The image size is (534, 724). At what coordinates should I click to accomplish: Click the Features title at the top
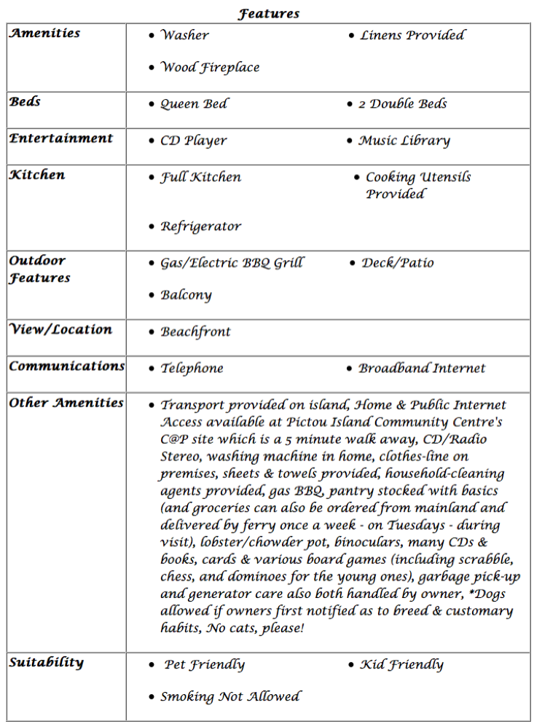(x=268, y=14)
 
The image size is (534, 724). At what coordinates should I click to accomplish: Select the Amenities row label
(x=44, y=34)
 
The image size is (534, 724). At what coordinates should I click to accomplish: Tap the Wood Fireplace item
(x=210, y=68)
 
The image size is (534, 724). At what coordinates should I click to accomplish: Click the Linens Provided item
(x=412, y=35)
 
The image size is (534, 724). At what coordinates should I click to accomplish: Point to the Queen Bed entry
(x=194, y=104)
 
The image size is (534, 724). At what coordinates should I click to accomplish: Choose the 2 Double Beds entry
(x=402, y=104)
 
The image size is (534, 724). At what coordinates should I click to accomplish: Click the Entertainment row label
(x=61, y=138)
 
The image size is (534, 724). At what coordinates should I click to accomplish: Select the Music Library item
(x=404, y=141)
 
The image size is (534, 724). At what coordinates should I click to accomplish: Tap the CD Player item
(x=194, y=141)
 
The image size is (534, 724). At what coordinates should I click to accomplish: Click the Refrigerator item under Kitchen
(x=201, y=227)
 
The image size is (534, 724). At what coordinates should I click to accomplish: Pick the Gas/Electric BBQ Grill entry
(x=232, y=263)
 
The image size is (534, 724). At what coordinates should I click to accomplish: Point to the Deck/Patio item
(x=398, y=263)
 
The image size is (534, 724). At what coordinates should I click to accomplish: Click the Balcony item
(x=186, y=295)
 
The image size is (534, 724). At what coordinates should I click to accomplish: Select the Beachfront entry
(x=195, y=332)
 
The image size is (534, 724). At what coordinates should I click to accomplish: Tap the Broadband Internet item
(x=422, y=369)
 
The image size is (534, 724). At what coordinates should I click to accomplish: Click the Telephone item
(x=192, y=369)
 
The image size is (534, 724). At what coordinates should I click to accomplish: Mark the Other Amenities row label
(x=66, y=403)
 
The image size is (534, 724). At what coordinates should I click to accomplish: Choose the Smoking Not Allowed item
(x=230, y=697)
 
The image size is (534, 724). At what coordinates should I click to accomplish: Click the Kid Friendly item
(x=401, y=665)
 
